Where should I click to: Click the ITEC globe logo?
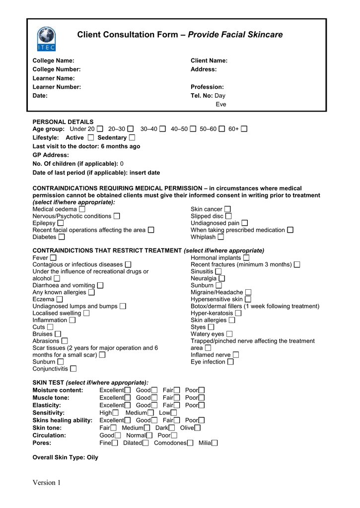click(x=47, y=38)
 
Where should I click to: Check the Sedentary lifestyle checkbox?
click(x=132, y=137)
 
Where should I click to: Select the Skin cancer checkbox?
click(x=227, y=209)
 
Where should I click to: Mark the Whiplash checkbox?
click(x=220, y=237)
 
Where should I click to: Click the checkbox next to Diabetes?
click(x=62, y=237)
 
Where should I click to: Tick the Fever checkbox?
click(x=53, y=258)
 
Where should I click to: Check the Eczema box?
click(x=60, y=300)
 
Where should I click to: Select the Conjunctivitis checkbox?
click(x=73, y=369)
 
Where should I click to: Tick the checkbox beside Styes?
click(x=211, y=327)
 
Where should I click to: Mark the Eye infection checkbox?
click(x=230, y=362)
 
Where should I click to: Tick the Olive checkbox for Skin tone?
click(x=198, y=428)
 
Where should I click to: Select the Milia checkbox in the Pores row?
click(x=215, y=443)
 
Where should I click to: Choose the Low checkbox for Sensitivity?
click(x=173, y=413)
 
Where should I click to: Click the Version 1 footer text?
click(x=47, y=483)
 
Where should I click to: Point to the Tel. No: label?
click(x=202, y=96)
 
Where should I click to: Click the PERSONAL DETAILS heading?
click(x=63, y=122)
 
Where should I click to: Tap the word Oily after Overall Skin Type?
click(x=92, y=457)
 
